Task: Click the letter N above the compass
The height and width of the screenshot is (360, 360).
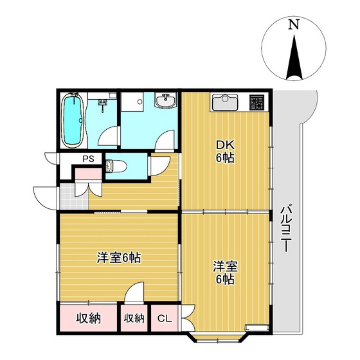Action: click(x=294, y=25)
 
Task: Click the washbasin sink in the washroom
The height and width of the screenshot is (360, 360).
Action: click(x=166, y=100)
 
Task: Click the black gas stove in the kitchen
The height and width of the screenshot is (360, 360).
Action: click(x=258, y=102)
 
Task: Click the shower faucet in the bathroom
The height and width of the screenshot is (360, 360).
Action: click(x=103, y=102)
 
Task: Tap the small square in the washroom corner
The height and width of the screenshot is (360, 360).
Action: click(x=133, y=102)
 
